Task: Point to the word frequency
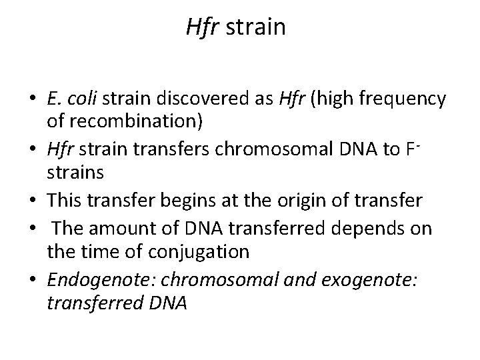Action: point(407,99)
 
